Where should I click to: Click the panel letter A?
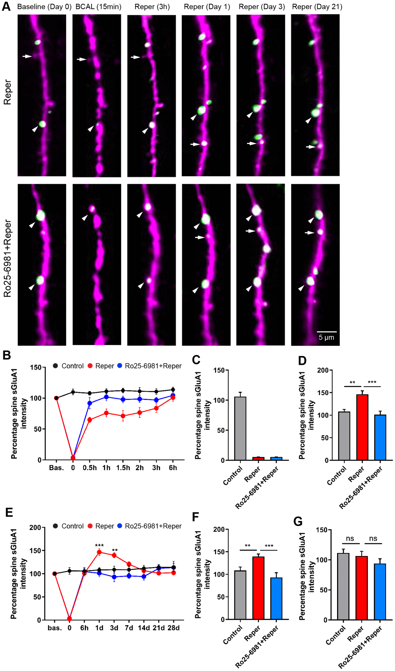coord(6,6)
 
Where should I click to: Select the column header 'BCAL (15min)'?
coord(98,7)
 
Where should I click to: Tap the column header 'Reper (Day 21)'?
coord(317,7)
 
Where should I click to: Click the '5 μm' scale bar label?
coord(326,337)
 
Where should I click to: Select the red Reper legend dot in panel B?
coord(90,366)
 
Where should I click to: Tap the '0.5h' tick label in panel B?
coord(90,468)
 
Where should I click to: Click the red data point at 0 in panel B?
coord(73,458)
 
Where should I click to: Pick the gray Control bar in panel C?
coord(240,428)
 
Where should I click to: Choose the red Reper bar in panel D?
coord(362,427)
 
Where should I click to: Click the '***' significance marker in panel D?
coord(372,383)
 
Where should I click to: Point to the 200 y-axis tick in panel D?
coord(323,370)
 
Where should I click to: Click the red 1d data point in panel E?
coord(99,552)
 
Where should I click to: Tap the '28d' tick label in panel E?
coord(173,628)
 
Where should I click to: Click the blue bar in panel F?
coord(276,598)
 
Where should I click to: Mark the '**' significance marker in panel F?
coord(248,546)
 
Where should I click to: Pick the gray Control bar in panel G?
coord(343,587)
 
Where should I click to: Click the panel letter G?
coord(298,521)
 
